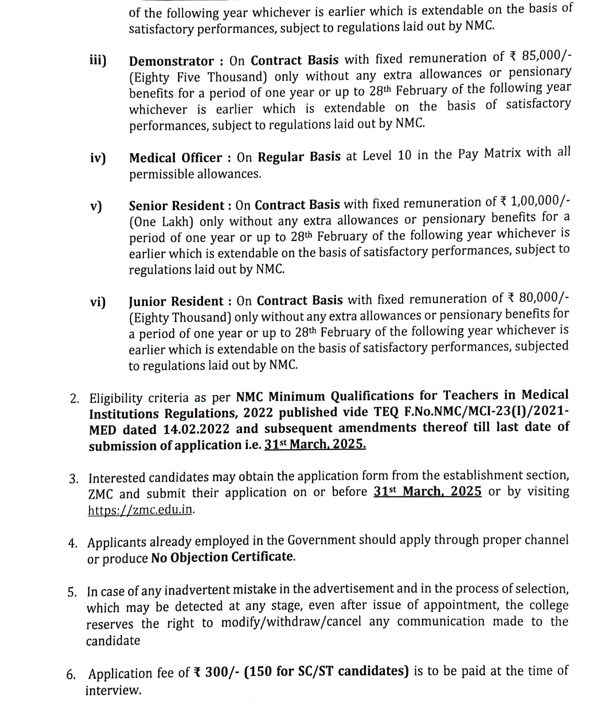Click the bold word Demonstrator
[171, 61]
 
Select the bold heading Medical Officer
[175, 158]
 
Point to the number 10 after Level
[405, 155]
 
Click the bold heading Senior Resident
[177, 205]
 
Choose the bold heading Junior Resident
[176, 301]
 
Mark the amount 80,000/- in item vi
[544, 298]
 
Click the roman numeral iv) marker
[98, 158]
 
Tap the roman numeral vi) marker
[98, 302]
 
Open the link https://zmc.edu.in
[140, 510]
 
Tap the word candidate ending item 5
[113, 640]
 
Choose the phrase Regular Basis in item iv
[299, 156]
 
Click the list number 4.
[72, 544]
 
